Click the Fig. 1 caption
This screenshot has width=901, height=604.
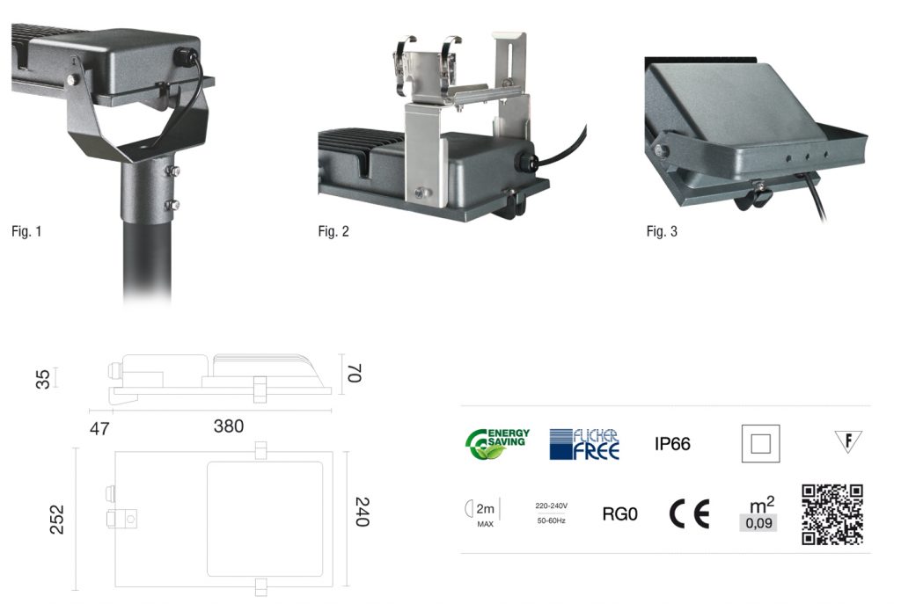(26, 232)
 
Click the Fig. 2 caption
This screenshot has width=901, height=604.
(333, 232)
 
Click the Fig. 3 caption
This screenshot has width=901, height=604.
(662, 232)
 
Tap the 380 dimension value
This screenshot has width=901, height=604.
(229, 426)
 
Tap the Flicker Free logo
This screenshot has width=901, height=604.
(584, 444)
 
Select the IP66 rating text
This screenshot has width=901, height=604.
(672, 444)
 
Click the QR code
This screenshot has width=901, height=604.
(831, 514)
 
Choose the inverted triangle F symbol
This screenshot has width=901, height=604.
(848, 440)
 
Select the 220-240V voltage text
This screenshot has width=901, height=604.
(551, 506)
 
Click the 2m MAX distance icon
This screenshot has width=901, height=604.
(480, 513)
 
